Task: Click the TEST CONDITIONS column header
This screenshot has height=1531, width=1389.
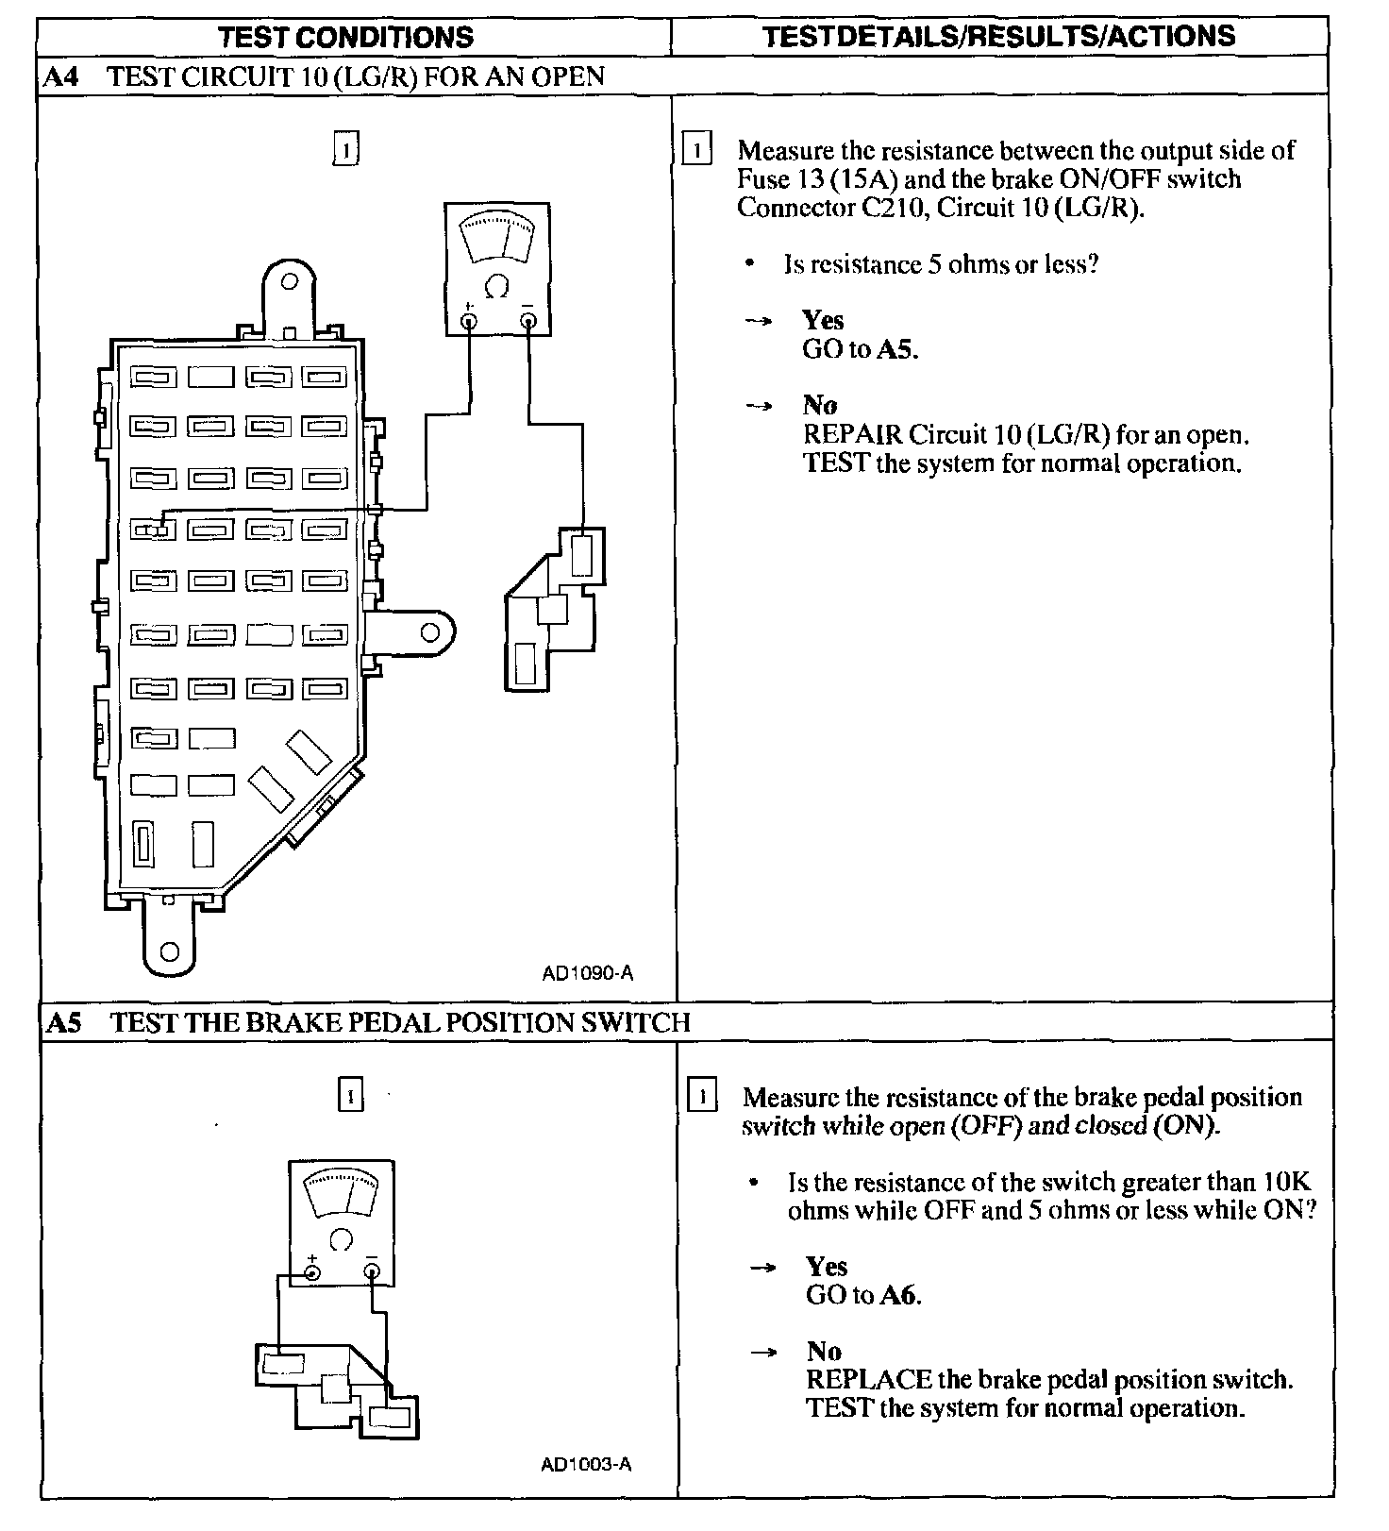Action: click(345, 38)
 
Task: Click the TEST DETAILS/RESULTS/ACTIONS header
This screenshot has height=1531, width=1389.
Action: click(998, 37)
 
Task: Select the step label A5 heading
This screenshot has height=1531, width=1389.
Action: click(63, 1022)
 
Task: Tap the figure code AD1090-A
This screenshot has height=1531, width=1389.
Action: click(587, 973)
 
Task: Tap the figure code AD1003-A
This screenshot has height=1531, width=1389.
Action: click(586, 1464)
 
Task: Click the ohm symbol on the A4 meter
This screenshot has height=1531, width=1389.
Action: click(497, 285)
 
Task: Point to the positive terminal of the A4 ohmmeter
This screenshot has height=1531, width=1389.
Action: click(468, 322)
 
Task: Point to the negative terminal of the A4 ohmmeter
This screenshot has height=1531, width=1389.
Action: click(528, 322)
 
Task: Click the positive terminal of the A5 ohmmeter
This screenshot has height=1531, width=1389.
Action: click(312, 1272)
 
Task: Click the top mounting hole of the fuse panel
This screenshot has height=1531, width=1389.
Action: click(291, 281)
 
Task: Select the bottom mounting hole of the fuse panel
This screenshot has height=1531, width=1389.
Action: click(170, 951)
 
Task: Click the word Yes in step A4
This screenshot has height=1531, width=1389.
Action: click(823, 320)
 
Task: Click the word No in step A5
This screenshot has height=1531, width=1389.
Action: click(824, 1351)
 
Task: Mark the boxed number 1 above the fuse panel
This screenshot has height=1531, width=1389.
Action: click(346, 150)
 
